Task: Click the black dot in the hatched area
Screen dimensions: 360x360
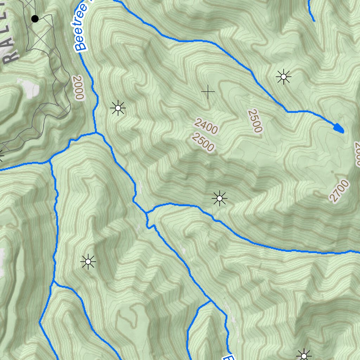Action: (35, 19)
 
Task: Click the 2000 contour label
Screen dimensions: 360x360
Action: (78, 87)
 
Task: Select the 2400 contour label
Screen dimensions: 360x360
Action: (206, 126)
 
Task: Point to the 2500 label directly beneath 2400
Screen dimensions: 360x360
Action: (203, 142)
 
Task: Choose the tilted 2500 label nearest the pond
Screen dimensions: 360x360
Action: (255, 121)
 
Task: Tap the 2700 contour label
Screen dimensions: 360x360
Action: (339, 191)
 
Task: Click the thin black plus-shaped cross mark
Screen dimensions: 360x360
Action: (208, 92)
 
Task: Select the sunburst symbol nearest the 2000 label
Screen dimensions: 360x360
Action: (118, 108)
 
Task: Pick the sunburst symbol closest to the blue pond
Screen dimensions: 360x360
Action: (283, 77)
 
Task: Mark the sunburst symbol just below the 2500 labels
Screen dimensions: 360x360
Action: (219, 199)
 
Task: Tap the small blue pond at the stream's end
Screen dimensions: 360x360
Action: (338, 128)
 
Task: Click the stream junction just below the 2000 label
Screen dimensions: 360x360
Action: (95, 133)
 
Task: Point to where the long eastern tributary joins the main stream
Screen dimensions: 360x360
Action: (147, 213)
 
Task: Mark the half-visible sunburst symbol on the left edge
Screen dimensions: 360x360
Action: (1, 155)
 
